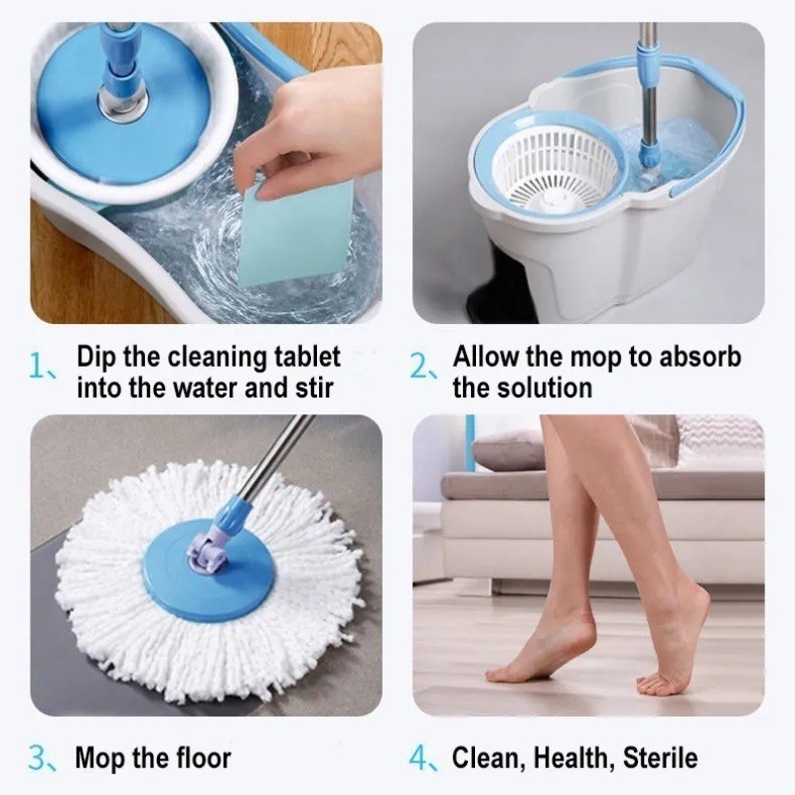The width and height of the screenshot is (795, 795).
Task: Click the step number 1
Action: coord(38,366)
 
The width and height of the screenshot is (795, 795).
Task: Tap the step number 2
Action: coord(418,366)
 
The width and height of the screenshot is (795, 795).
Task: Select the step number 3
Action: coord(38,758)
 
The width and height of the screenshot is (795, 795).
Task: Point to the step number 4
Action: coord(418,758)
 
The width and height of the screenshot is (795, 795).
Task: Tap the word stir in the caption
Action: coord(313,388)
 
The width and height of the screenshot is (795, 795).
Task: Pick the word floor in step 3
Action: coord(204,758)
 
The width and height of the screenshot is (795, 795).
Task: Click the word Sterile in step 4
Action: coord(660,758)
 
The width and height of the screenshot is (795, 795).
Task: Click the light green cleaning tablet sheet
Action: coord(296,232)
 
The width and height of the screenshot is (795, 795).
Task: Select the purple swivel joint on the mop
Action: coord(206,551)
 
